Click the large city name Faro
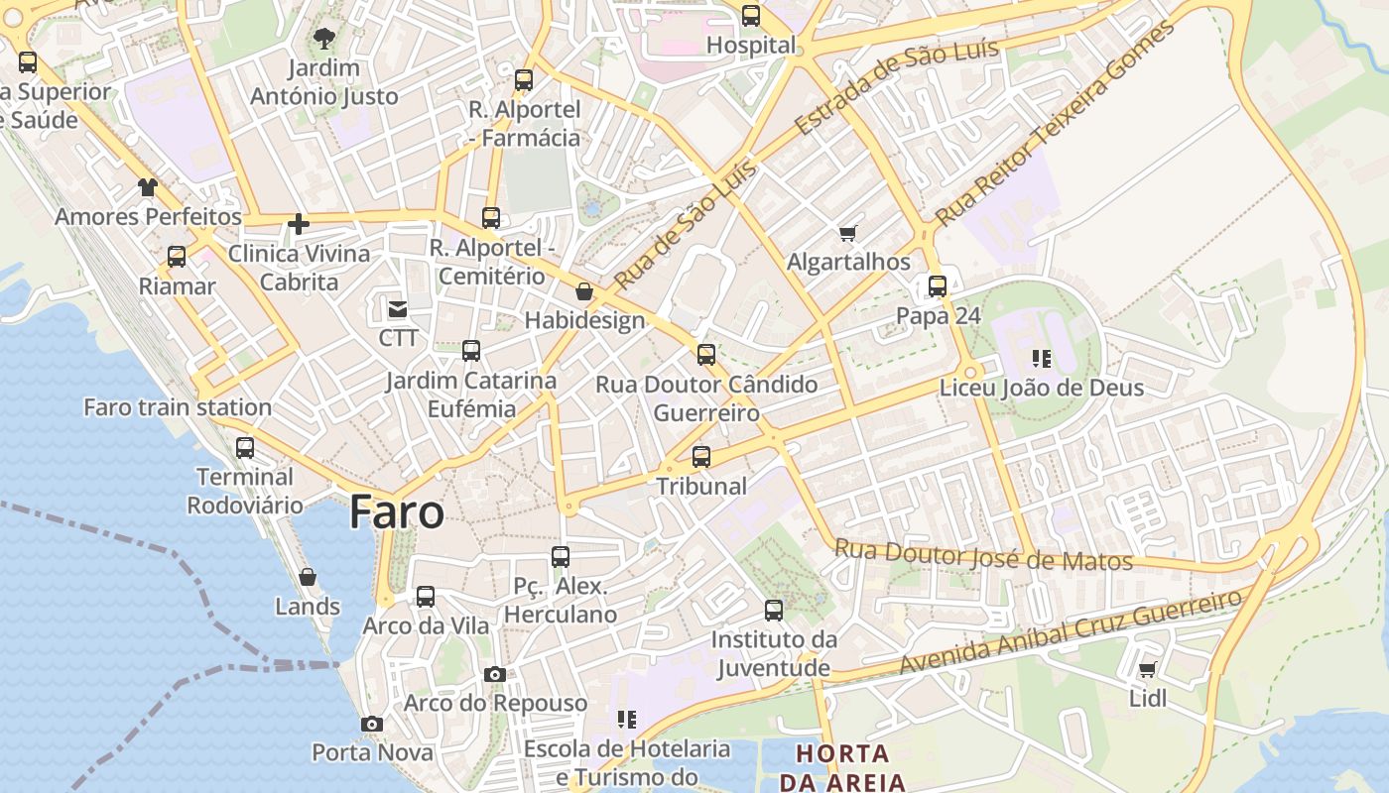click(397, 512)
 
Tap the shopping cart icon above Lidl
click(1148, 670)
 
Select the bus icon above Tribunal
click(701, 457)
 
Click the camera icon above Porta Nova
click(372, 725)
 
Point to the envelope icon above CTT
click(398, 310)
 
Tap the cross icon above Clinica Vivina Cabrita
click(299, 224)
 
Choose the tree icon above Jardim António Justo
click(323, 40)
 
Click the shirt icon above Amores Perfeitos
click(148, 187)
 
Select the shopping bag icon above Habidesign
click(584, 291)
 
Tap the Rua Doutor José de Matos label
click(983, 555)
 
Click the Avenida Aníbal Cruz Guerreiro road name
click(1071, 630)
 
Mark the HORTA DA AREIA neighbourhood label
click(842, 767)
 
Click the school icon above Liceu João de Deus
click(1041, 358)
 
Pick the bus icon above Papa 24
click(938, 286)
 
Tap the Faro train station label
click(178, 407)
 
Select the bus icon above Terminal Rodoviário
click(245, 448)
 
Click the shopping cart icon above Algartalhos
click(847, 234)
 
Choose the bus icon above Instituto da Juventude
click(774, 611)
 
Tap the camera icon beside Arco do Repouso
click(495, 675)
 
